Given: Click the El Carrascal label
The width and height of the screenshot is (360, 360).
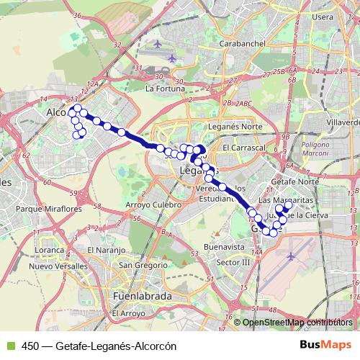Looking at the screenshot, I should pos(244,147).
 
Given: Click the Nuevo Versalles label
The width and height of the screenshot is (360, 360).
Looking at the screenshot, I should pos(58,266).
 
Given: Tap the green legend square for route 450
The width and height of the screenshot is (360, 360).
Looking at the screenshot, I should pos(8,346).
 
